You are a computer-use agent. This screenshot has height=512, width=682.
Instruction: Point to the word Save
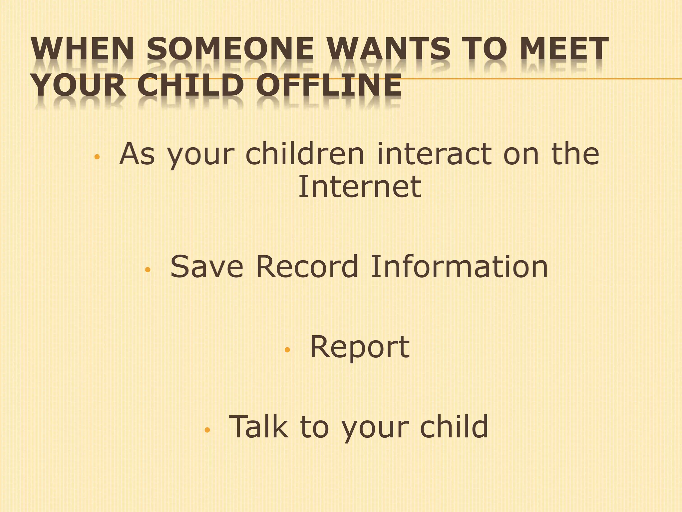coord(207,267)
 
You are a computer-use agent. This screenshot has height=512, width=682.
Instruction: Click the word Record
coord(307,267)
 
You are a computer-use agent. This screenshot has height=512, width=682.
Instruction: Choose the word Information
coord(459,267)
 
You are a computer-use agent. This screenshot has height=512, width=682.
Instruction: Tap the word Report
coord(360,347)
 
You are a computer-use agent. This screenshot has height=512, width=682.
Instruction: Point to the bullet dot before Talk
coord(207,430)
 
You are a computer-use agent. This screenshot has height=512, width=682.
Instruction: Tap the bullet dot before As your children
coord(97,157)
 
